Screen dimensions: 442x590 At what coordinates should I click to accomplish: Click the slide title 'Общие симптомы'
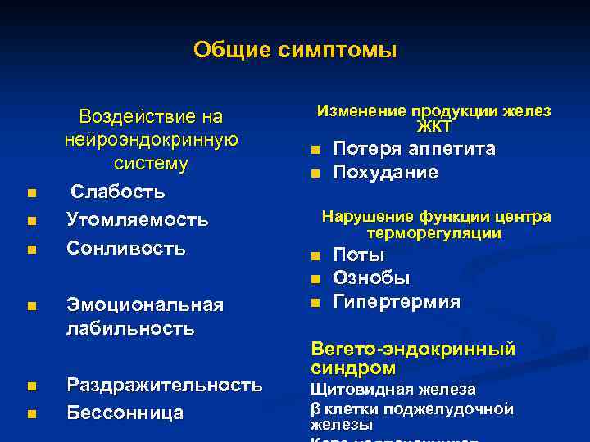click(x=295, y=51)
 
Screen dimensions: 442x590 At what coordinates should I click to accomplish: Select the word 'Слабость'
click(x=117, y=192)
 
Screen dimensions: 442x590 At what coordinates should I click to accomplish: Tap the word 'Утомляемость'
click(x=137, y=220)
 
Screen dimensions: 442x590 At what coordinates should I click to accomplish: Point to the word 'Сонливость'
click(x=125, y=247)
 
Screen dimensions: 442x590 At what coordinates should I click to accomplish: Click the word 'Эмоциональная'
click(x=144, y=305)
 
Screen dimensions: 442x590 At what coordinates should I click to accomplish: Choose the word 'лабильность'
click(x=130, y=329)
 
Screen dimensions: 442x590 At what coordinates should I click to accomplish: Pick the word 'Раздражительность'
click(x=164, y=385)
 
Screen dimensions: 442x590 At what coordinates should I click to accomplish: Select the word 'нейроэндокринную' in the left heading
click(x=151, y=140)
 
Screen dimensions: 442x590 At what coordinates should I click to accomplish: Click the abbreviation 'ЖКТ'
click(x=433, y=127)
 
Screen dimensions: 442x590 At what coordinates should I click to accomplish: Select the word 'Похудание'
click(x=385, y=173)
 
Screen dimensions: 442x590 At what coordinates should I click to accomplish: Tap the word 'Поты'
click(x=359, y=255)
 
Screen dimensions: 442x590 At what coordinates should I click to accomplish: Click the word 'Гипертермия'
click(x=397, y=302)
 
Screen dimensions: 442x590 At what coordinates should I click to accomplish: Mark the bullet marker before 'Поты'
click(x=314, y=257)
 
